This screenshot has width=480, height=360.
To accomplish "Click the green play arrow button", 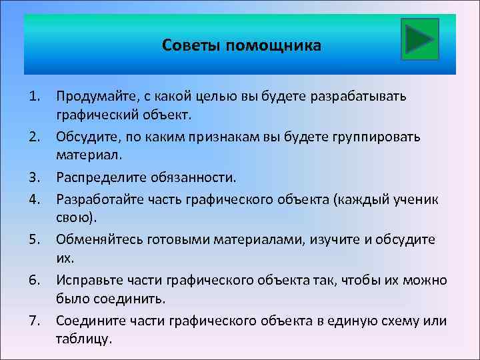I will (x=420, y=39).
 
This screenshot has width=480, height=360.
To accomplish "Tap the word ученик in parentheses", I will (x=416, y=198).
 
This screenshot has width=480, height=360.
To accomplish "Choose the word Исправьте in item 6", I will (x=87, y=279).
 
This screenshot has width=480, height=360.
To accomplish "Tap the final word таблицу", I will (x=84, y=340).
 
